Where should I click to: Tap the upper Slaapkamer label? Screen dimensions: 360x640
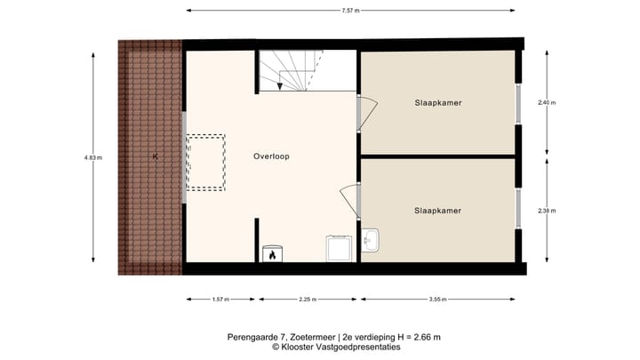click(437, 103)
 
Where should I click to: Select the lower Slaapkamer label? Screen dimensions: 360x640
click(437, 211)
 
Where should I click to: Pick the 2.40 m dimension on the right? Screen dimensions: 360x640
click(546, 103)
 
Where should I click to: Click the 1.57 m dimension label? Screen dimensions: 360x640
click(220, 300)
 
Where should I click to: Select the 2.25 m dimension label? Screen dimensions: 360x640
click(308, 300)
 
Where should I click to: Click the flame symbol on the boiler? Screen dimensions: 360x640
click(271, 255)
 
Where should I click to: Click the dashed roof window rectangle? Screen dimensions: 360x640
click(206, 162)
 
